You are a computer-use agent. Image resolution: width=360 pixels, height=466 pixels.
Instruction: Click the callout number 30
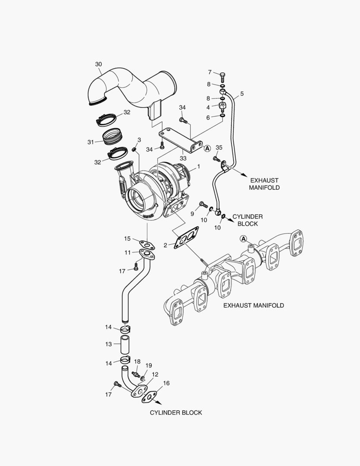pos(98,65)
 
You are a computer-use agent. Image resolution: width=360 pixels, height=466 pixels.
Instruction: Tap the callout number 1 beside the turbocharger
pos(198,166)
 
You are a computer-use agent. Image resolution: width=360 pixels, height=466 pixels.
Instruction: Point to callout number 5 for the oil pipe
pos(242,93)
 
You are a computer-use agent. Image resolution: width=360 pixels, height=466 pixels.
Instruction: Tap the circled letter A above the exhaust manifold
pos(243,239)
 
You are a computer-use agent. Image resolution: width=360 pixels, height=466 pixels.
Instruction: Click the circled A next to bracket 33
pos(207,148)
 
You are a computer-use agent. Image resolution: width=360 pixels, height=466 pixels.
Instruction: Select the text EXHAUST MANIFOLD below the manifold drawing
pos(254,305)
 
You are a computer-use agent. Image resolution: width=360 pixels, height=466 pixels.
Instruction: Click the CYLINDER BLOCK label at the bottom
pos(176,412)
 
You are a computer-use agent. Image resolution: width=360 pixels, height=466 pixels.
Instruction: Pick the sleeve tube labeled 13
pos(125,344)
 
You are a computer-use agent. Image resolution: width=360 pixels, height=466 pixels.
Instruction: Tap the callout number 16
pos(166,383)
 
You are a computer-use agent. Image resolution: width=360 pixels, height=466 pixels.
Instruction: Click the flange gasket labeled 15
pos(147,245)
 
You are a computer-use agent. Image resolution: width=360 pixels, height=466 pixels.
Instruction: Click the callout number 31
pos(91,142)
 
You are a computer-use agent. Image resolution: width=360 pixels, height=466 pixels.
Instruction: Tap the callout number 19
pos(149,365)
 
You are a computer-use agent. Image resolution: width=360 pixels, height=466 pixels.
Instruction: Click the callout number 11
pos(128,252)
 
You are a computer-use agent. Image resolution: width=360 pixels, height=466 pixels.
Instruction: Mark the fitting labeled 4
pos(222,105)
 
